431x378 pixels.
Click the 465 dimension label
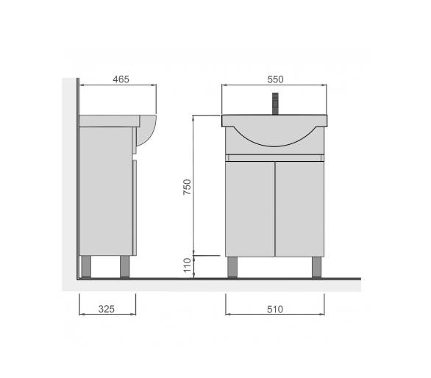click(x=121, y=79)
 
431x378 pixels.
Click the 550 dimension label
click(x=275, y=79)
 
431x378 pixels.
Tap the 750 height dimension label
click(x=188, y=187)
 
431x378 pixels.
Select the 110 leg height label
click(x=188, y=265)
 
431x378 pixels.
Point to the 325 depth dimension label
click(x=107, y=310)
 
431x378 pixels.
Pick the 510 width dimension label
click(x=275, y=310)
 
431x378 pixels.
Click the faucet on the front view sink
click(x=275, y=104)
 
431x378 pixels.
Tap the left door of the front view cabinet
click(x=250, y=209)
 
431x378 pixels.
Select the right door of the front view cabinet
click(x=299, y=209)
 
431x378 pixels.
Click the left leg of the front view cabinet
click(x=232, y=267)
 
